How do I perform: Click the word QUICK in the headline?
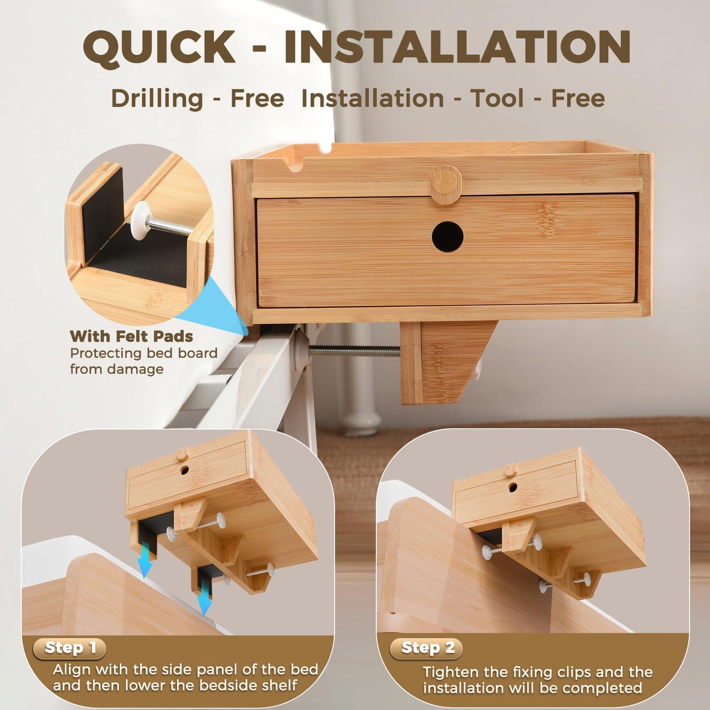(x=159, y=47)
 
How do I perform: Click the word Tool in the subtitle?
(x=497, y=98)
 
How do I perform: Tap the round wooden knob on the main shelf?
(x=445, y=184)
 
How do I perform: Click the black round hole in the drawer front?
(x=447, y=236)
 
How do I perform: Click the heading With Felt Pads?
(x=132, y=336)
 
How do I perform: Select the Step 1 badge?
(x=70, y=648)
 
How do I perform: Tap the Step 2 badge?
(x=426, y=648)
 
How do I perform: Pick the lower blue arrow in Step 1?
(x=205, y=597)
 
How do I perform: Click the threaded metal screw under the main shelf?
(x=354, y=351)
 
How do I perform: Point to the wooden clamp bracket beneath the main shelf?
(x=447, y=363)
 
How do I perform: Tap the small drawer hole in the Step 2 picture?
(x=513, y=487)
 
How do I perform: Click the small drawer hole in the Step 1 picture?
(x=184, y=470)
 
